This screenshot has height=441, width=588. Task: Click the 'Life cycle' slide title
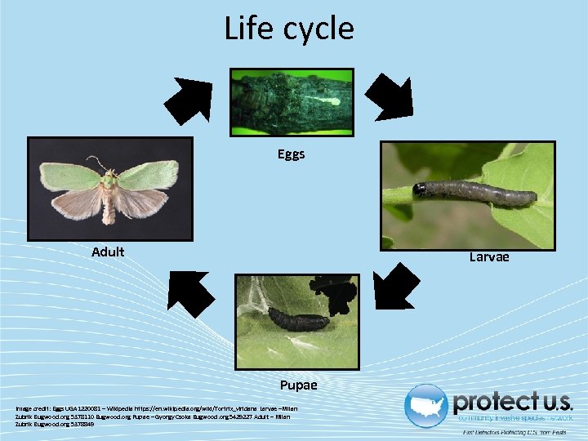pos(289,29)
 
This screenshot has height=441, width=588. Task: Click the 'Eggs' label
pos(291,154)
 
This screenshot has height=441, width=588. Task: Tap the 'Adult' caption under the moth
pos(108,252)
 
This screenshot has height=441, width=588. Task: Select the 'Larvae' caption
pos(488,256)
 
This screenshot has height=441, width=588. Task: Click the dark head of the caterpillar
pos(420,190)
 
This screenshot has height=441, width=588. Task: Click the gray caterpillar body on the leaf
pos(482,194)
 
